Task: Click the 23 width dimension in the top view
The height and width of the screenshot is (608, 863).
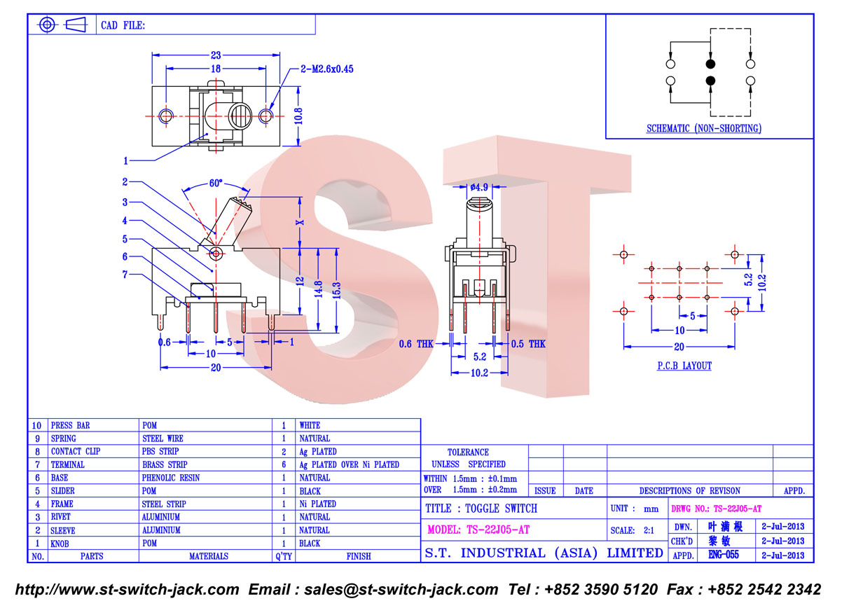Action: pos(216,55)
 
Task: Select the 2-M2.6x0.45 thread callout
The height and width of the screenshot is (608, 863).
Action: pos(326,69)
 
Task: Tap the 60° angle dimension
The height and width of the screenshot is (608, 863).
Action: pos(216,183)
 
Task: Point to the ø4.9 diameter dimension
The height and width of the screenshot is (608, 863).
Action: pos(479,187)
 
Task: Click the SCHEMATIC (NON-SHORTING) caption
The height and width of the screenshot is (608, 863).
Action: pos(704,128)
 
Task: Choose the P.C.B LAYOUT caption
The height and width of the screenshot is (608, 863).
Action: pos(684,366)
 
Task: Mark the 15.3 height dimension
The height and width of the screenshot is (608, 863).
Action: pos(336,291)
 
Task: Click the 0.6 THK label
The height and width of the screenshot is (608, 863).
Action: pos(415,344)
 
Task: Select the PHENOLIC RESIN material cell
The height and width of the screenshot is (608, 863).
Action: pos(171,478)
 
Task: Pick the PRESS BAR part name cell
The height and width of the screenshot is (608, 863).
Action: pos(70,425)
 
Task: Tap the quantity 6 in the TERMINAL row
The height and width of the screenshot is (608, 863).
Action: pos(284,464)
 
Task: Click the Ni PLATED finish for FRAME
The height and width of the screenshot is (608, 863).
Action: pos(318,504)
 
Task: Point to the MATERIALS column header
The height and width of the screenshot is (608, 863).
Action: pos(209,556)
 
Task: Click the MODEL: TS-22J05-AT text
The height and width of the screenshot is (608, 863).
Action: pos(478,530)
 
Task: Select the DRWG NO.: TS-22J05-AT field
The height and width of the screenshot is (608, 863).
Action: pos(716,509)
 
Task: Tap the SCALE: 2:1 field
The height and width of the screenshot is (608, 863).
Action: pos(633,530)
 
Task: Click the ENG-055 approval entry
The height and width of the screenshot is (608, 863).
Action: pos(724,555)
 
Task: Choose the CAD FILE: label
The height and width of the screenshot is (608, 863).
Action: pos(123,25)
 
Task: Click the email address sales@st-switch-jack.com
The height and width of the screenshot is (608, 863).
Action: pos(401,590)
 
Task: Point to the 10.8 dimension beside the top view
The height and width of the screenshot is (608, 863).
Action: pos(298,116)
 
